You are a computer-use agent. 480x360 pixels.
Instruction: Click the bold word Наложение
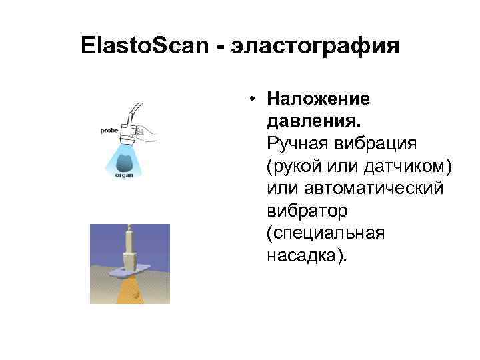tap(318, 99)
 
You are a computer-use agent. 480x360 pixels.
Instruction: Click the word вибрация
tap(380, 145)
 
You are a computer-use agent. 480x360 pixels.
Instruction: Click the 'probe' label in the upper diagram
tap(109, 131)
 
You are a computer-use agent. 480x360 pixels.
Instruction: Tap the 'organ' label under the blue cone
tap(124, 175)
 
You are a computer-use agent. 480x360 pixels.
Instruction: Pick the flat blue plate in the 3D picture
tap(130, 270)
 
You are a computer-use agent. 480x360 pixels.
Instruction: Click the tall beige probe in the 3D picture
tap(129, 247)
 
